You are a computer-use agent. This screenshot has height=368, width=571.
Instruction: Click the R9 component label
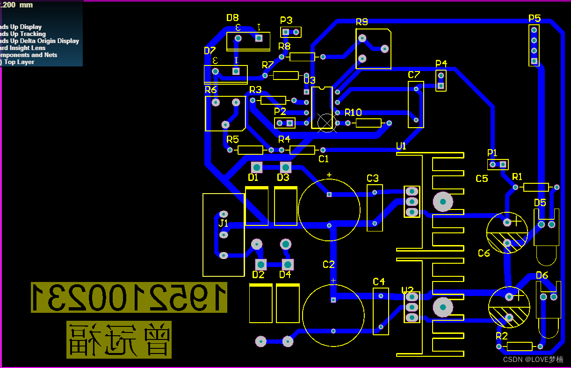tap(361, 22)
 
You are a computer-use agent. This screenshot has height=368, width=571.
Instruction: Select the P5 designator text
tap(535, 18)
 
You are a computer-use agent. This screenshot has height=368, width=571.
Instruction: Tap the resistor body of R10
tap(369, 123)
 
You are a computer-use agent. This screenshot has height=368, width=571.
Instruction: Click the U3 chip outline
tap(322, 107)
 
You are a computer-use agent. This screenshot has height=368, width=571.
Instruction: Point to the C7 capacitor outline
tap(416, 105)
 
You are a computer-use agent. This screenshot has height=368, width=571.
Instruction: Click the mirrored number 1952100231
tap(129, 297)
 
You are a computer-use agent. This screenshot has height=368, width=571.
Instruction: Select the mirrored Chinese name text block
tap(119, 340)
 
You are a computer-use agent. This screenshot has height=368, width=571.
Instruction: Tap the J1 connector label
tap(224, 223)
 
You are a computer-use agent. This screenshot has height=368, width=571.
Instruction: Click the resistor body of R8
tap(302, 57)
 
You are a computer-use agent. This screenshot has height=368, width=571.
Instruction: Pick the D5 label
tap(540, 202)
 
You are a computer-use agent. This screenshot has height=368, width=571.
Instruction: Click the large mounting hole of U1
tap(442, 201)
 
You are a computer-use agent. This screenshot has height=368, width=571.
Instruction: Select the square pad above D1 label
tap(256, 167)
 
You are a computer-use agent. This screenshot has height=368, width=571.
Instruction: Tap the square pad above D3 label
tap(285, 167)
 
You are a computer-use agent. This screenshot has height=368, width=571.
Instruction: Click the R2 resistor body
tap(520, 346)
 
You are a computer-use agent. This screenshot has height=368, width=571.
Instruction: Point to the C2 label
tap(329, 265)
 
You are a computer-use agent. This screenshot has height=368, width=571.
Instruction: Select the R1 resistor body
tap(536, 187)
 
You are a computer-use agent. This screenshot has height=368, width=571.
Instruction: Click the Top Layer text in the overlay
tap(19, 62)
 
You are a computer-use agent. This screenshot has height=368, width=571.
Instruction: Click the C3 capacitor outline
tap(375, 208)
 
